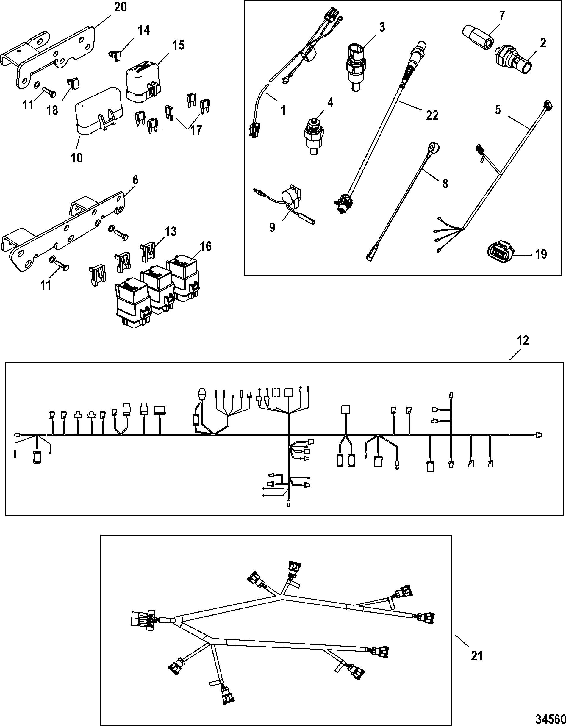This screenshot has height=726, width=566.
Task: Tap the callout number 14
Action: (x=144, y=30)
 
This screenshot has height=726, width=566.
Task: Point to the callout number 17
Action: (x=196, y=130)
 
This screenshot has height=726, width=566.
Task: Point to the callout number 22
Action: (x=432, y=115)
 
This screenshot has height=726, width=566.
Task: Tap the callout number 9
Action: (x=272, y=228)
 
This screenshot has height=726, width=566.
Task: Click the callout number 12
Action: (x=523, y=340)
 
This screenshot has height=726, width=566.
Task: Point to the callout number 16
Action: (x=206, y=246)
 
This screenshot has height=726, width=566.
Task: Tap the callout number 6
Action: (x=135, y=181)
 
